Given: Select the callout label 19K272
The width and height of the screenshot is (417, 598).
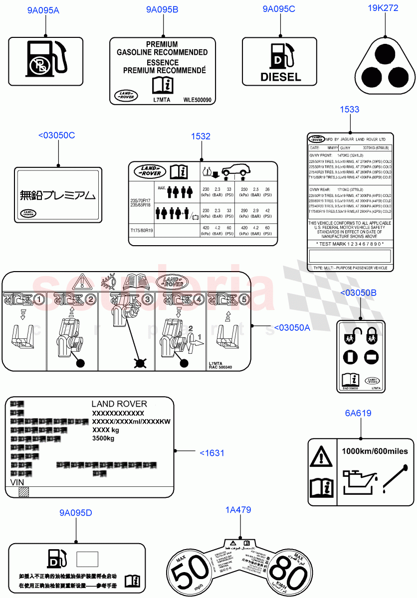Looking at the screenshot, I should click(383, 8).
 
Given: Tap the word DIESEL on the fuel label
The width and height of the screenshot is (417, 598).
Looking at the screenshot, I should click(281, 77).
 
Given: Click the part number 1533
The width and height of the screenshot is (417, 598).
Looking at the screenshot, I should click(349, 109).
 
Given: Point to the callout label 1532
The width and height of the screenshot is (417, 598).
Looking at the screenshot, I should click(201, 136).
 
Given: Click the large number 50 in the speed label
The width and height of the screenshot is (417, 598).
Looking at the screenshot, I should click(189, 577).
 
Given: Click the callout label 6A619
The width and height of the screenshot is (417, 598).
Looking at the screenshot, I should click(358, 413).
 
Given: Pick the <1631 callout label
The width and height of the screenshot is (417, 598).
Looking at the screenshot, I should click(212, 453).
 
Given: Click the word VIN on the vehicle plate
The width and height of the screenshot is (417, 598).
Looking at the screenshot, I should click(17, 483).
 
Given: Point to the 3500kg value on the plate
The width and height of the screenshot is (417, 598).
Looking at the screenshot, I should click(103, 439).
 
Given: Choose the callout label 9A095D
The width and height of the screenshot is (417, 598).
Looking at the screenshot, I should click(76, 513).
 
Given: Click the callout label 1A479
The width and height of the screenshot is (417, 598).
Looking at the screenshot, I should click(238, 510).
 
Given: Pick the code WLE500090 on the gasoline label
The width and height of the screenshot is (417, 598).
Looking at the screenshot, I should click(198, 100).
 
